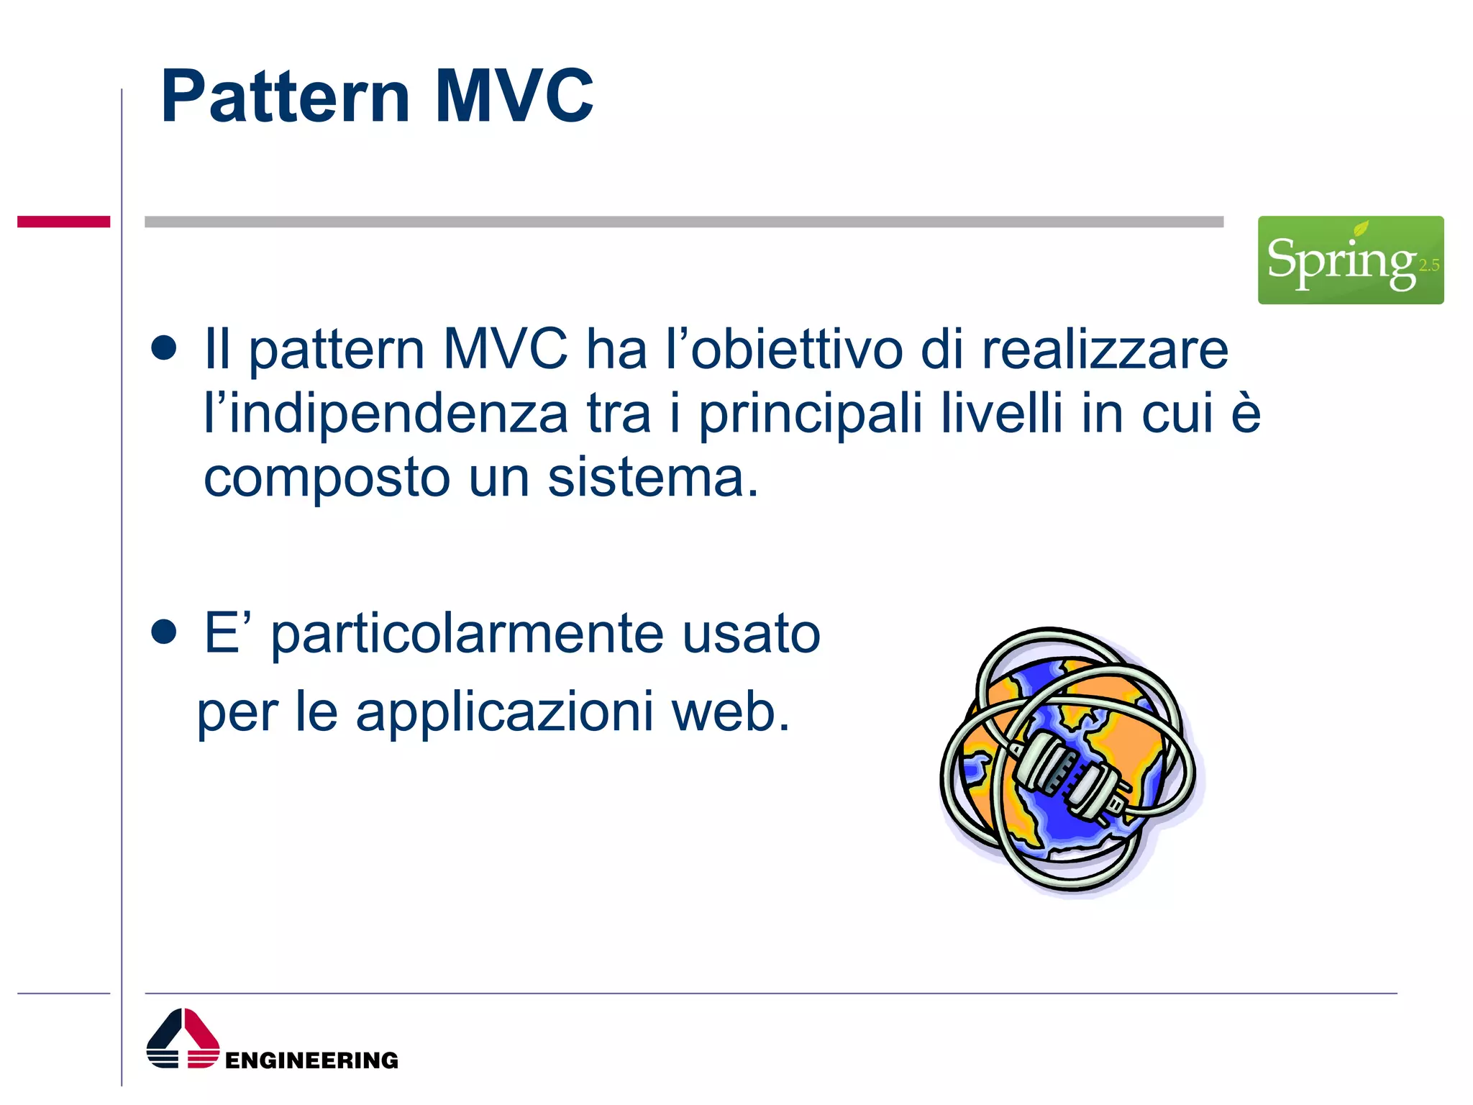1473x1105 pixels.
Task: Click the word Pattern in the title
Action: [285, 96]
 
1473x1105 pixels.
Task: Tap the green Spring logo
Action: [1349, 260]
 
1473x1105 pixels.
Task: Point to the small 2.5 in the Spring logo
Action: [1428, 265]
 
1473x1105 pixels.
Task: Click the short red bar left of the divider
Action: [63, 222]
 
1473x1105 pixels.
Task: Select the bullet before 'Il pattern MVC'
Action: [164, 348]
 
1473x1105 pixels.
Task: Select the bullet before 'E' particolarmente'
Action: [164, 632]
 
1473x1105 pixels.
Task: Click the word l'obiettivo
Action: [784, 350]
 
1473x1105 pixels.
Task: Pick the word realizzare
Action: [1105, 350]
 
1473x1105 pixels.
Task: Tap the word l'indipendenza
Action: [386, 414]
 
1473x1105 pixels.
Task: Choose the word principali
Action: [811, 414]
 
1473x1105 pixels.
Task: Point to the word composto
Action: [327, 479]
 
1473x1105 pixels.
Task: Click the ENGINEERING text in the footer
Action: [311, 1060]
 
